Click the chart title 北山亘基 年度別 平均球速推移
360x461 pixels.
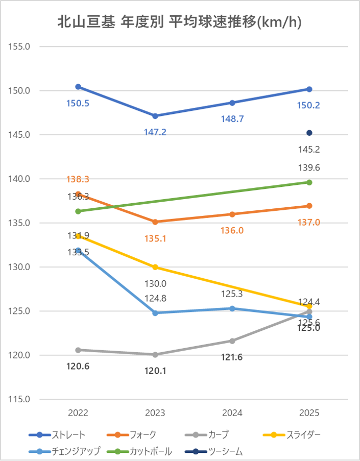tap(179, 22)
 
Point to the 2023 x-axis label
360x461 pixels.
tap(155, 413)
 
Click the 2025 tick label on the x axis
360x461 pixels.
tap(309, 413)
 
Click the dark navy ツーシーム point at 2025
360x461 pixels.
tap(309, 133)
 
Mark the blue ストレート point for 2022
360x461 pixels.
tap(78, 87)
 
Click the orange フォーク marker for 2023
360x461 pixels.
tap(155, 222)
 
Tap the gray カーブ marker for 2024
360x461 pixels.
tap(232, 341)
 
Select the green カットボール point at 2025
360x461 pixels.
tap(309, 182)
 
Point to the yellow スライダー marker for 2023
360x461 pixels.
tap(155, 268)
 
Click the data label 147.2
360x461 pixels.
tap(155, 132)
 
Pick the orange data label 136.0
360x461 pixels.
tap(232, 230)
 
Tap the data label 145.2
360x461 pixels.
tap(309, 150)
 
